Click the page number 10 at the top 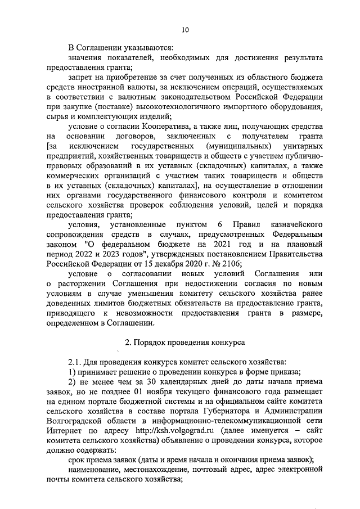[185, 30]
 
